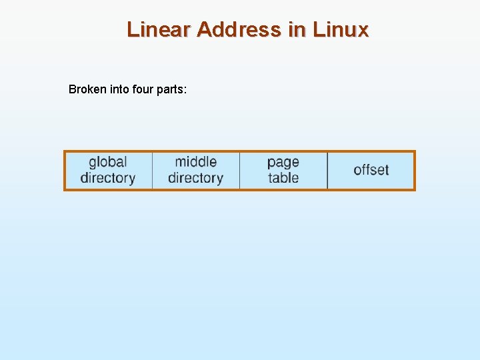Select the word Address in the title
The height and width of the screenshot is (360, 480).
point(239,30)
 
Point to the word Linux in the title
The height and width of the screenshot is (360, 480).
point(341,30)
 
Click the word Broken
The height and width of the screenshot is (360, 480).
point(87,89)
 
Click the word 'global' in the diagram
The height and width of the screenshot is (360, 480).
point(107,162)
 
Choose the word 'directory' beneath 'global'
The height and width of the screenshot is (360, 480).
point(107,178)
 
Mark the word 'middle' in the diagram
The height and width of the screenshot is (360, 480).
point(195,162)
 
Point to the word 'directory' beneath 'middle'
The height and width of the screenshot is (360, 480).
point(195,178)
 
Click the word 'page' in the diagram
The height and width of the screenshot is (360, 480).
point(283,162)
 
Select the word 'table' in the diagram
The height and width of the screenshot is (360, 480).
point(283,178)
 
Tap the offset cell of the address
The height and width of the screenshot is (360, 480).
point(371,170)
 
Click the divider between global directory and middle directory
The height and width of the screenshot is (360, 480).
point(152,171)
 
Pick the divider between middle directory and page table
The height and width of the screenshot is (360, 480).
point(239,171)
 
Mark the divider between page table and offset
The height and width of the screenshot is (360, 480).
point(327,171)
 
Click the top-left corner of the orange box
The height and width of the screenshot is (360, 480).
point(65,151)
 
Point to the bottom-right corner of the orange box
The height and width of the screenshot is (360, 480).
point(415,190)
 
